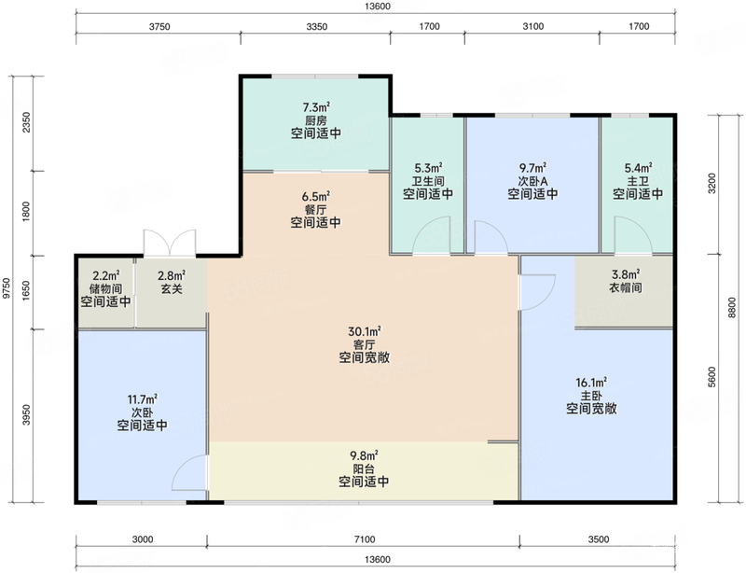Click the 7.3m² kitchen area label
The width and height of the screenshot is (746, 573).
coord(316,107)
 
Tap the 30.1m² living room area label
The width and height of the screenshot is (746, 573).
coord(365,331)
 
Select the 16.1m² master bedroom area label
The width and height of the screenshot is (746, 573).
coord(591,383)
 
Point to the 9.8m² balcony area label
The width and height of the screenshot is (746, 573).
coord(364,455)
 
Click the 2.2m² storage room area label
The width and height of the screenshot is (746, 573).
coord(105,275)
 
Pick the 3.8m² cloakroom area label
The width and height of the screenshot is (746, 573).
coord(626,274)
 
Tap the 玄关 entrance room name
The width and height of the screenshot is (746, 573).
coord(172,288)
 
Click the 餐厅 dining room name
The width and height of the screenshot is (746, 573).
coord(316,210)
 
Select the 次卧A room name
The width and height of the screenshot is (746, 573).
coord(532,181)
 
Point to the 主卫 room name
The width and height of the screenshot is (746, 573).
coord(638,181)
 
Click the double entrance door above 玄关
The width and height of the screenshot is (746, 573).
coord(170,243)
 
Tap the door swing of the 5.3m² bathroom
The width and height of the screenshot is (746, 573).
coord(431,235)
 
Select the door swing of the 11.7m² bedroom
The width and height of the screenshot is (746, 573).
coord(189,472)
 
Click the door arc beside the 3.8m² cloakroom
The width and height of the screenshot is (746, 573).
coord(538,292)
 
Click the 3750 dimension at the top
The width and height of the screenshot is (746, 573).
coord(159,27)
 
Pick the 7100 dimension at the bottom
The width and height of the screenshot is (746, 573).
coord(365,539)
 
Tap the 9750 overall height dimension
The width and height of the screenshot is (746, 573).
coord(7,288)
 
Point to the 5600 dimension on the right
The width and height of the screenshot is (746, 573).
coord(711,377)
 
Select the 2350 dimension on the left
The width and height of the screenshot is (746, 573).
coord(27,122)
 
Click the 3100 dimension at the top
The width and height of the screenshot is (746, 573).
coord(532,27)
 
